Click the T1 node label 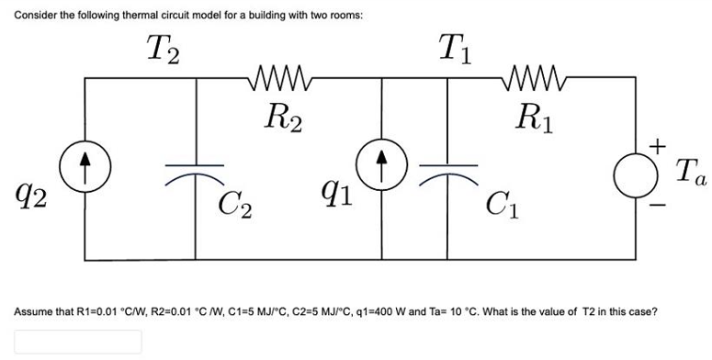coord(456,47)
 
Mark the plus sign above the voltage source coord(656,144)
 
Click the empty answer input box coord(77,341)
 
